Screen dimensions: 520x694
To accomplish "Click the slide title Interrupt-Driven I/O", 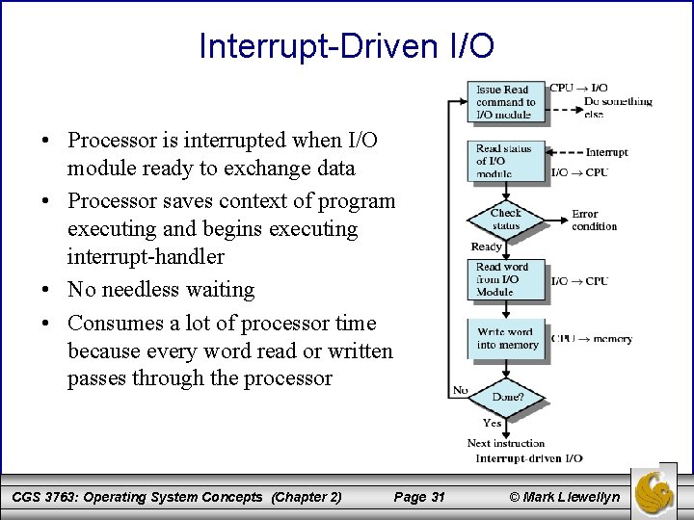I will coord(346,46).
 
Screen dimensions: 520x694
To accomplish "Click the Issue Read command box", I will coord(504,102).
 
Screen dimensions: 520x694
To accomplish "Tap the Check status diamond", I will coord(504,220).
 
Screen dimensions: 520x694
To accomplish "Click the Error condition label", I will coord(594,221).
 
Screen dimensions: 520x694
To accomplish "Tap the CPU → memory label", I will coord(591,339).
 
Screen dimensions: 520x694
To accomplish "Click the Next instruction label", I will coord(505,443).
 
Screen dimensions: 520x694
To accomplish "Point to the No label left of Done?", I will coord(460,390).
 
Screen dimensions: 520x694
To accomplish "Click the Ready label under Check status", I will coord(486,247).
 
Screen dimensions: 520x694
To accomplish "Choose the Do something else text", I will coord(617,107).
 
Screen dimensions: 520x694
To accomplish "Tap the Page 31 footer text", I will coord(419,497).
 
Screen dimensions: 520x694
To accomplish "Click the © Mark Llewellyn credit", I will coord(552,497).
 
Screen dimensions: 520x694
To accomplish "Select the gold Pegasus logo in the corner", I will coord(660,491).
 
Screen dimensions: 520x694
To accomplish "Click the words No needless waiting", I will coord(161,290).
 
